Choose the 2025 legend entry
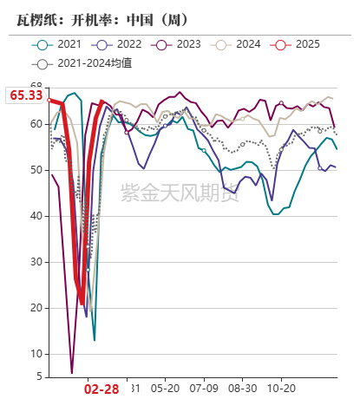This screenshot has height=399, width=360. [298, 44]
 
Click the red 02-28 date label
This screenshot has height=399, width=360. [101, 389]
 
